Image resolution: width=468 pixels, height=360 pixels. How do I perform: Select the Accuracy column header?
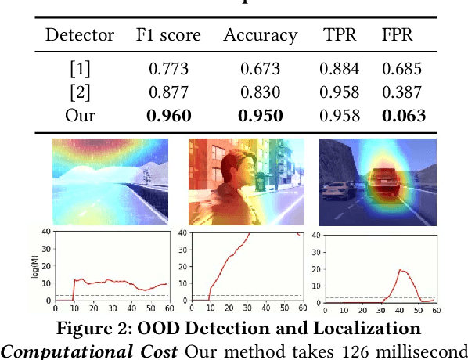click(x=260, y=35)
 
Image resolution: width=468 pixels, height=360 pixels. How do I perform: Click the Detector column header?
click(x=80, y=35)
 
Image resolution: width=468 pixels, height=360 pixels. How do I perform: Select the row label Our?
click(x=80, y=116)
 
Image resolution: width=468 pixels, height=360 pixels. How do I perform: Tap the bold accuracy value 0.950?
click(x=260, y=116)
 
